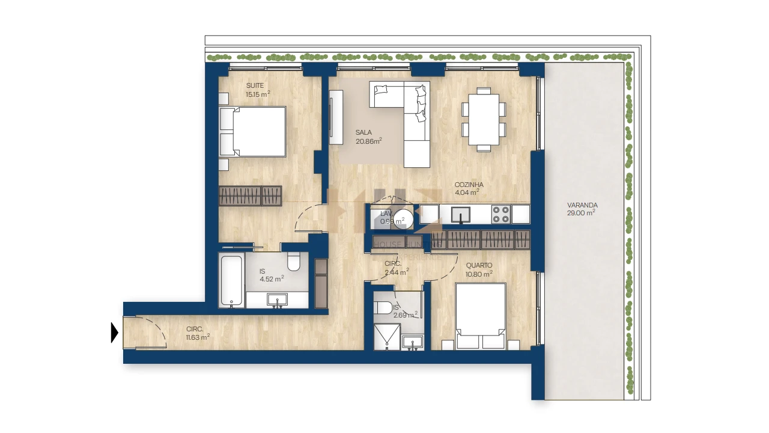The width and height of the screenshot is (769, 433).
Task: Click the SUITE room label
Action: coord(255,85)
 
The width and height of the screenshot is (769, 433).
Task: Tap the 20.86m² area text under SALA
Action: coord(368,141)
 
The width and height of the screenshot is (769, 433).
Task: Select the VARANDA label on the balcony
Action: coord(582,205)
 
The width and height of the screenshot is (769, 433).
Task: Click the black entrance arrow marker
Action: coord(114,333)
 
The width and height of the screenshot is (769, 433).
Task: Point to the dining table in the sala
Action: coord(484,118)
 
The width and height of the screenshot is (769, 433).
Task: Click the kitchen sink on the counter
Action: coord(461,214)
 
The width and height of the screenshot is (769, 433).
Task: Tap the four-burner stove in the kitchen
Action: coord(501,214)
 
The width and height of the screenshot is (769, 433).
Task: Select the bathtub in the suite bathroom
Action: coord(231,281)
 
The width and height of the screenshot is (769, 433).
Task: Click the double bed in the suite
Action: coord(253,132)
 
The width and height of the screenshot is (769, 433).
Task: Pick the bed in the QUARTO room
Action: coord(481,316)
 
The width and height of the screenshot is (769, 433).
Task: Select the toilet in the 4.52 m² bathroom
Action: coord(294,262)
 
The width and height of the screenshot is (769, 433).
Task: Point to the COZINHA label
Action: coord(469,185)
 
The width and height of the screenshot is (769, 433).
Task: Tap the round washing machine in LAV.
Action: coord(404,220)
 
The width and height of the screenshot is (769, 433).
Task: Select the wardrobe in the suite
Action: coord(250,196)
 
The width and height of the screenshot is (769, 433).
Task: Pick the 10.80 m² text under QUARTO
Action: coord(478,274)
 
